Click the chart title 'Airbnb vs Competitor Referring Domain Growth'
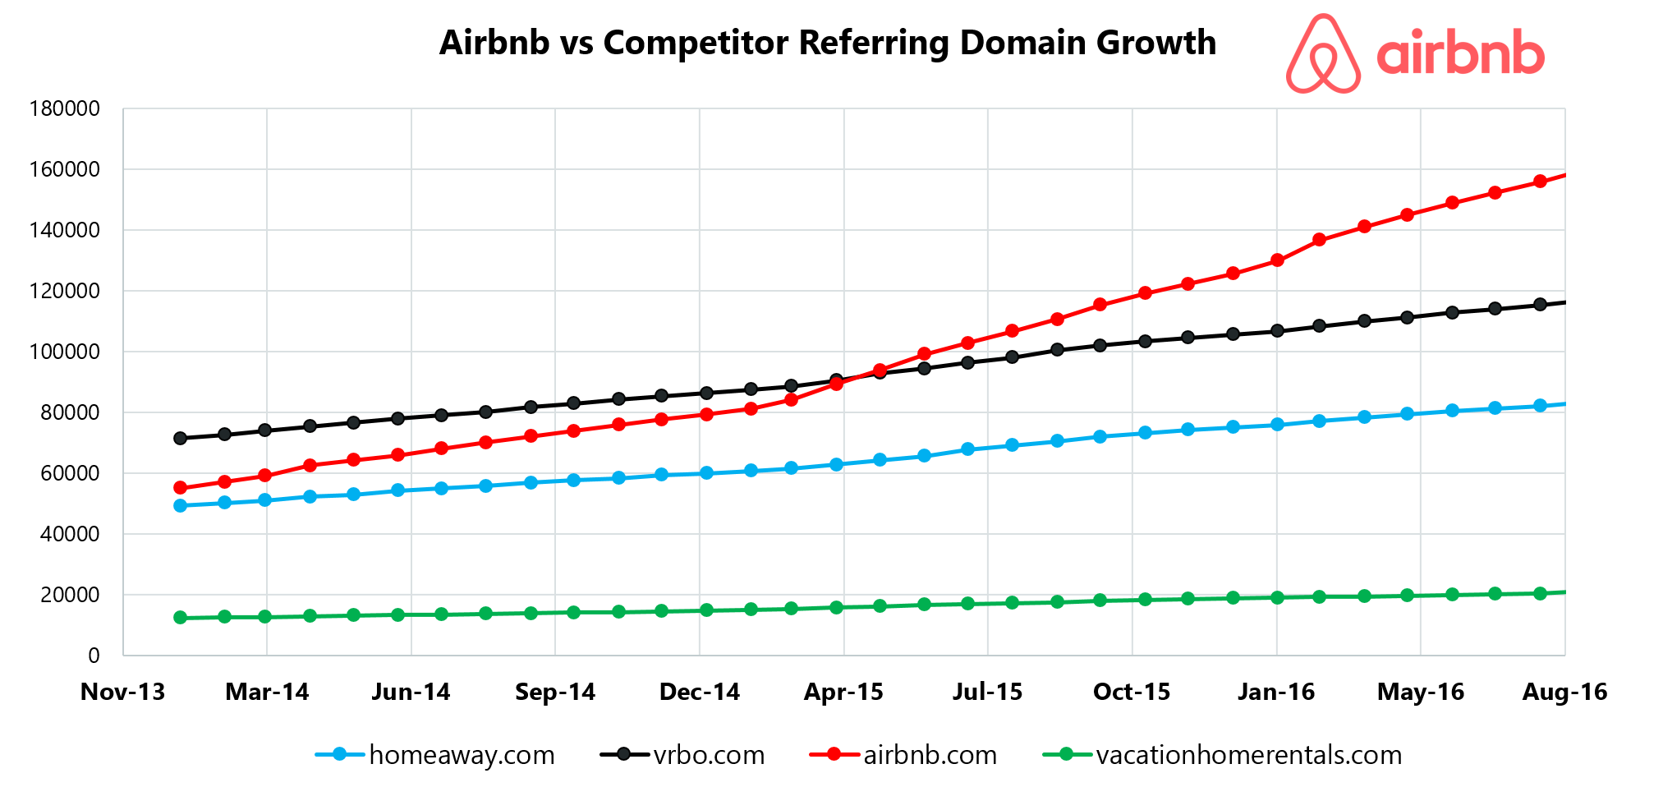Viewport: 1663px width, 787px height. (x=827, y=43)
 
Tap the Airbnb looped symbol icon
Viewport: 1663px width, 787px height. (x=1322, y=54)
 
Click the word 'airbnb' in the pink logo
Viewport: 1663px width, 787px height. (x=1459, y=54)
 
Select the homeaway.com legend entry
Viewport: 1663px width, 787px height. (x=436, y=754)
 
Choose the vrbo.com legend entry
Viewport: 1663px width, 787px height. (x=683, y=754)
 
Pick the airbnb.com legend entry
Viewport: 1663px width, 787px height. (x=903, y=754)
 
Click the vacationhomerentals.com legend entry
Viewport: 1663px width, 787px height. (x=1223, y=754)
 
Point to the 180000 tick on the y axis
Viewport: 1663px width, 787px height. (x=65, y=109)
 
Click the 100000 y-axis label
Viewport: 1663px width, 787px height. (x=65, y=352)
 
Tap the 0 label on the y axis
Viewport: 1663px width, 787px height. (x=94, y=656)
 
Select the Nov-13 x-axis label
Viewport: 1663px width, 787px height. (x=123, y=692)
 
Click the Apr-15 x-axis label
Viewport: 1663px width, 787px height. (x=843, y=692)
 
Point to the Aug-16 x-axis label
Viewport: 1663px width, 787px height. (x=1564, y=692)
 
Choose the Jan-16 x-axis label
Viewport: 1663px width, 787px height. (x=1276, y=692)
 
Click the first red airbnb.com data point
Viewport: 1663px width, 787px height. (x=181, y=488)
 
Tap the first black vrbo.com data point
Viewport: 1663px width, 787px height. (x=181, y=438)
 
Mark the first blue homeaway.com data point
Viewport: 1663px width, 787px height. (x=181, y=506)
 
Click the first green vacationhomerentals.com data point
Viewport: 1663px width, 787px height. (x=181, y=618)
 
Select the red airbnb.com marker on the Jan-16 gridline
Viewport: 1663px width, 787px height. (x=1277, y=260)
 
